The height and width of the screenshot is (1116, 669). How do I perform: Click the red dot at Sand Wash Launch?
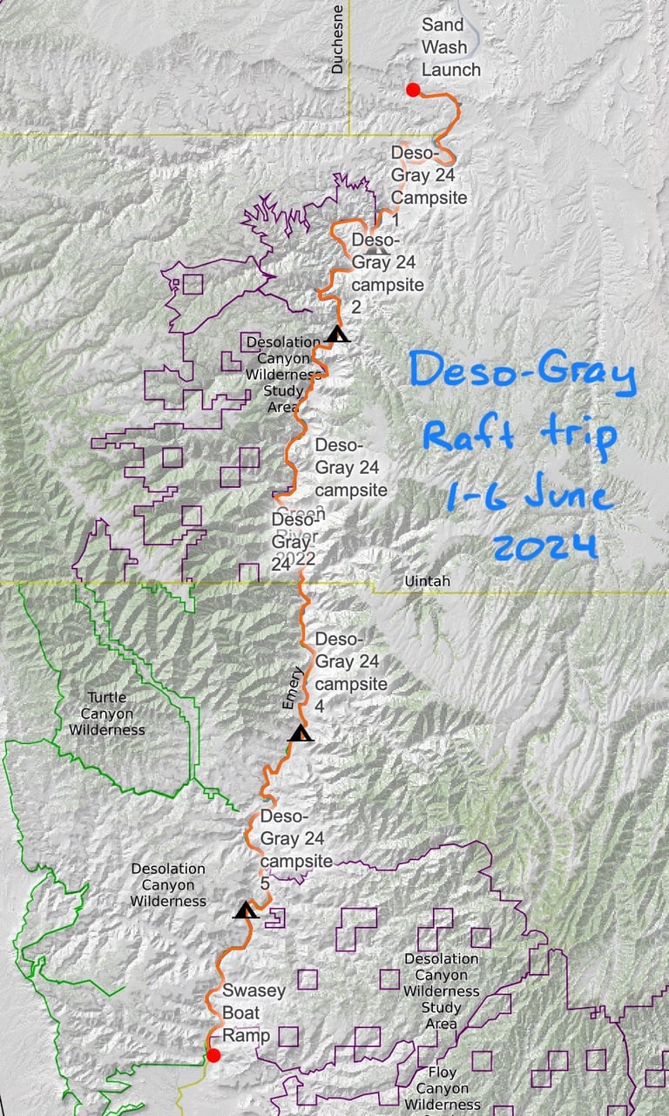413,90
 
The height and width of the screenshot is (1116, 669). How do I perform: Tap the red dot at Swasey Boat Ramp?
213,1056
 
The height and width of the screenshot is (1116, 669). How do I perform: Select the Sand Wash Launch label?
450,47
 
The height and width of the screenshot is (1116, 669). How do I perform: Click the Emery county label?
293,688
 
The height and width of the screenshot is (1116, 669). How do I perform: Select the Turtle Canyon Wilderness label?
107,714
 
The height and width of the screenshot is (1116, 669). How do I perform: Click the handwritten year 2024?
544,547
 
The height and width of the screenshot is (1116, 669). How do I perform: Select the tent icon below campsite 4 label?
301,733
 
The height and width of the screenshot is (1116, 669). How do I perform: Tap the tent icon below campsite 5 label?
247,910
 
